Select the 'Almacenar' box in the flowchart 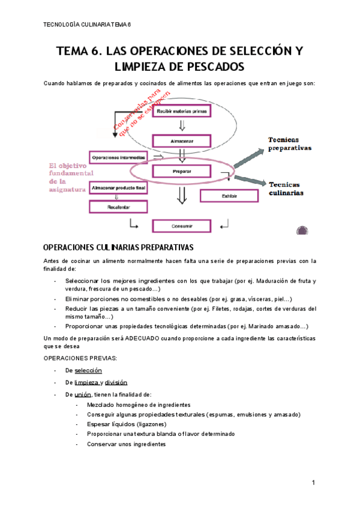(x=180, y=142)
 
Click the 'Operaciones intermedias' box (x=118, y=157)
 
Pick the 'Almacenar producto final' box (x=118, y=188)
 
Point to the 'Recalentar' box (x=118, y=206)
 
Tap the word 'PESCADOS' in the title (x=215, y=65)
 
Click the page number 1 (x=313, y=483)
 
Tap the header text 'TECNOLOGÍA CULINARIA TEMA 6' (x=88, y=25)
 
